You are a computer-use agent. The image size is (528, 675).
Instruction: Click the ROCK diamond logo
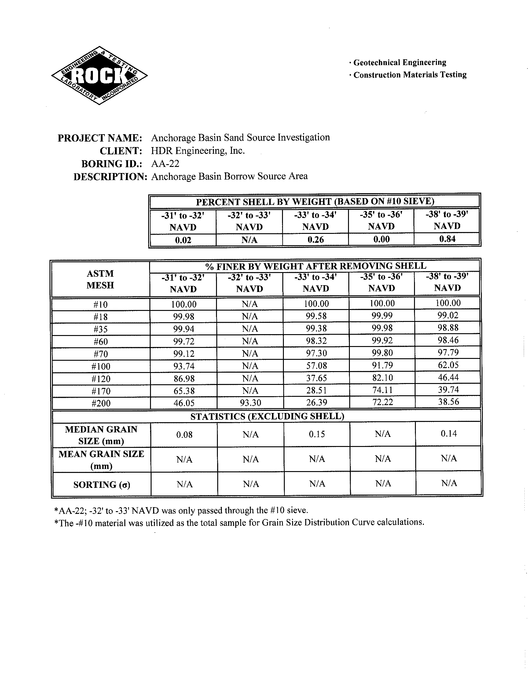pyautogui.click(x=99, y=76)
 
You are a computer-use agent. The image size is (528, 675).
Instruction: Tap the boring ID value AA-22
pyautogui.click(x=165, y=164)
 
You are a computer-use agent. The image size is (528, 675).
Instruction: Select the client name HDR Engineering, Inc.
pyautogui.click(x=197, y=151)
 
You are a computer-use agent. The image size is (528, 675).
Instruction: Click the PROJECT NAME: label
pyautogui.click(x=100, y=138)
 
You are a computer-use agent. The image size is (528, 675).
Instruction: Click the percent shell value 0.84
pyautogui.click(x=447, y=239)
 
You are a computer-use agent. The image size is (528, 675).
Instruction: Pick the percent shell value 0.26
pyautogui.click(x=315, y=240)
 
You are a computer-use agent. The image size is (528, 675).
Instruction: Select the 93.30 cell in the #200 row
pyautogui.click(x=250, y=403)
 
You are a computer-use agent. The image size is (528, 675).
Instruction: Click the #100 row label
pyautogui.click(x=101, y=367)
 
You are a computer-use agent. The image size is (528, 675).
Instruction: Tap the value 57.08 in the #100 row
pyautogui.click(x=316, y=366)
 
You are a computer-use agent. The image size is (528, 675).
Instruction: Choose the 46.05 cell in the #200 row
pyautogui.click(x=184, y=403)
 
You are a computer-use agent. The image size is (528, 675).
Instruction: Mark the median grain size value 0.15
pyautogui.click(x=317, y=434)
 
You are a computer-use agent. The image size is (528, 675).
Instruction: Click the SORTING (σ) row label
pyautogui.click(x=102, y=485)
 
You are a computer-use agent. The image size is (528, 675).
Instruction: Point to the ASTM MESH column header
pyautogui.click(x=100, y=279)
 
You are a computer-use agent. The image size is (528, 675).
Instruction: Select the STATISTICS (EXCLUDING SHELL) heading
pyautogui.click(x=267, y=416)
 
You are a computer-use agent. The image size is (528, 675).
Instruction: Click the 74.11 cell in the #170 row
pyautogui.click(x=382, y=390)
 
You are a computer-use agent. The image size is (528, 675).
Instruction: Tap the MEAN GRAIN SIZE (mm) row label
pyautogui.click(x=101, y=460)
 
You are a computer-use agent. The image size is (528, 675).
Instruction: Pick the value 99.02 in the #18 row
pyautogui.click(x=448, y=315)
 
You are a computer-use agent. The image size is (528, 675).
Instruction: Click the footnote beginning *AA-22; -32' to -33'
pyautogui.click(x=181, y=511)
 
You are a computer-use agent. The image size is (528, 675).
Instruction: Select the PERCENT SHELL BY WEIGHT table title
pyautogui.click(x=315, y=201)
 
